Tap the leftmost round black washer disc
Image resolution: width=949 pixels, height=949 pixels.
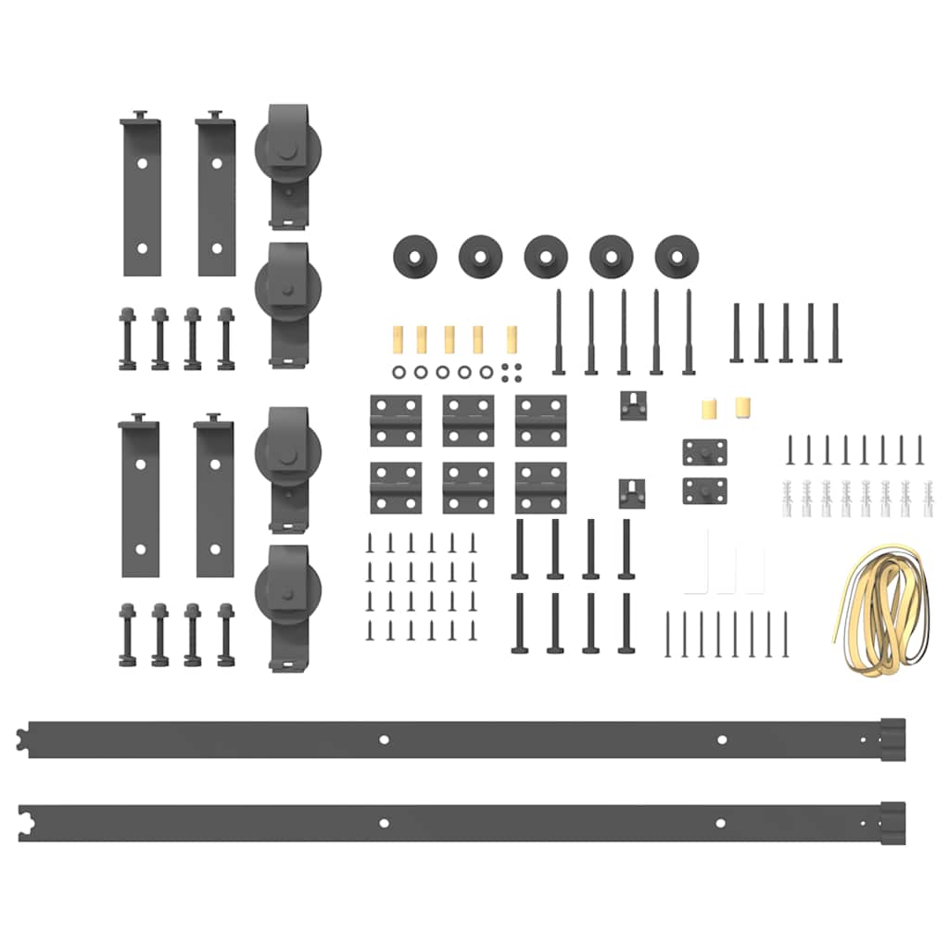coord(413,255)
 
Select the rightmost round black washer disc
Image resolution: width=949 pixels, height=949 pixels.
coord(676,255)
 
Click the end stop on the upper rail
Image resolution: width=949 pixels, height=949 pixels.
coord(892,739)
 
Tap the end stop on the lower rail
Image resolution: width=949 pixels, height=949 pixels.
coord(892,822)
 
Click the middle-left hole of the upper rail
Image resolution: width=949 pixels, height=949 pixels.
coord(384,740)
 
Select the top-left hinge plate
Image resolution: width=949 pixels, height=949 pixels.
coord(396,421)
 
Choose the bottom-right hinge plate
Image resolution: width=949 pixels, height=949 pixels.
coord(540,487)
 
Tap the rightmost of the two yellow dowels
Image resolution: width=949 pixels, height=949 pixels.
coord(741,407)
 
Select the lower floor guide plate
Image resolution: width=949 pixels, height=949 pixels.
coord(704,490)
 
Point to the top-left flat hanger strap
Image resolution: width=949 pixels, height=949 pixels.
coord(142,196)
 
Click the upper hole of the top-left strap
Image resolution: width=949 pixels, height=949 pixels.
coord(142,162)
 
